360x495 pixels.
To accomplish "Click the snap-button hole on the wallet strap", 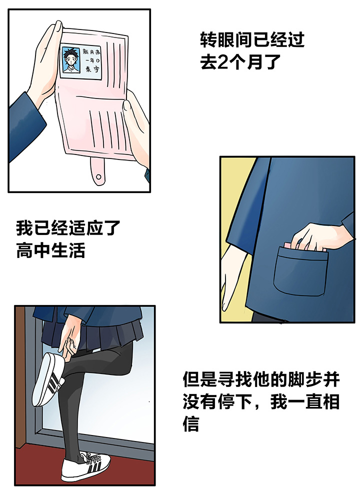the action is point(98,176).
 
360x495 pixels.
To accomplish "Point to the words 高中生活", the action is point(51,250).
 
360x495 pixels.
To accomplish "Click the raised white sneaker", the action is point(48,379).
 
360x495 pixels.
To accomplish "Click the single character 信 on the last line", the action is point(190,423).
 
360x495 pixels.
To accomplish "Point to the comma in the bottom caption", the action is point(258,407).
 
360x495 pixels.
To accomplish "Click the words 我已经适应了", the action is point(68,228).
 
